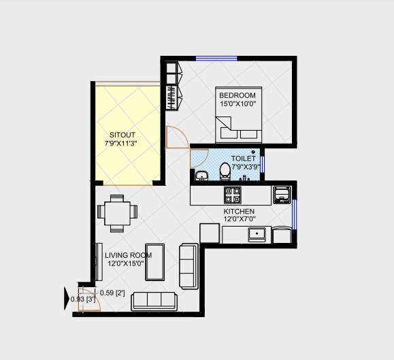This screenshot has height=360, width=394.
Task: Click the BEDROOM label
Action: click(x=237, y=95)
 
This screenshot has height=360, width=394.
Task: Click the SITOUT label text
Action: click(x=123, y=135)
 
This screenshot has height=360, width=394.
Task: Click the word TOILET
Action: click(x=243, y=159)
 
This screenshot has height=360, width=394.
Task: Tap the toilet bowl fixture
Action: click(x=225, y=169)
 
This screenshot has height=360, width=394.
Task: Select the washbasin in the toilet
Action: click(x=201, y=177)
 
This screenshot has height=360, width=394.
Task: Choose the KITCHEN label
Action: click(x=239, y=211)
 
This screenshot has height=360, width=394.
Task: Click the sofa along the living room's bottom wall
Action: click(x=154, y=300)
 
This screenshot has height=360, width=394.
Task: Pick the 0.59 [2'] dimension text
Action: click(x=112, y=293)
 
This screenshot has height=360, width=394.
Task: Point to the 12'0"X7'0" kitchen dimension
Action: click(x=239, y=219)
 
